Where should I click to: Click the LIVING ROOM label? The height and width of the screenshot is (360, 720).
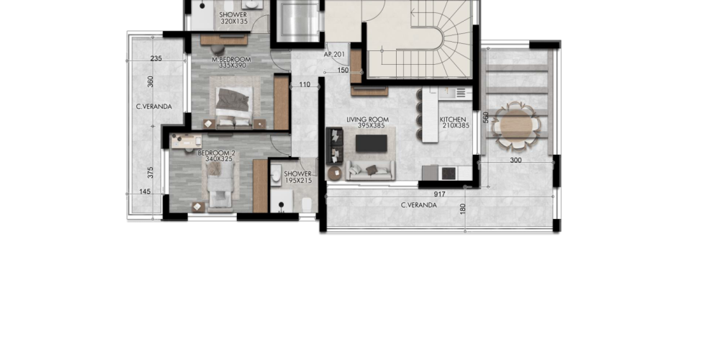(367, 120)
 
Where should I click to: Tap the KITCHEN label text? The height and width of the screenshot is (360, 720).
(453, 120)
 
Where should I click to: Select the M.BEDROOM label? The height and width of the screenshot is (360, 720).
(231, 59)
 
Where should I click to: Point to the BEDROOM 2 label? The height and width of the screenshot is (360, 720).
(216, 153)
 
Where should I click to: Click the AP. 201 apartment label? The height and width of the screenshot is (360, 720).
(334, 54)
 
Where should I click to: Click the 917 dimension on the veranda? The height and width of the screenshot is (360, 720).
(439, 194)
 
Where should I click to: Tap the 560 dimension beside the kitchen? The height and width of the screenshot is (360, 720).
(486, 117)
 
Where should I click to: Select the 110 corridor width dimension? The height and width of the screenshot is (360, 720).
(305, 84)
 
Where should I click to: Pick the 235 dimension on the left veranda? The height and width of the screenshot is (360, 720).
(156, 58)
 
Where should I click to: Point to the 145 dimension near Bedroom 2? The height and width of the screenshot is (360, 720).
(145, 192)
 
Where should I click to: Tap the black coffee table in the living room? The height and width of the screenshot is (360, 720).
(371, 143)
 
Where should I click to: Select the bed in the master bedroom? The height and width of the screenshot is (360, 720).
(234, 106)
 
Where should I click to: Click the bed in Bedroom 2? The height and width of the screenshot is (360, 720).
(220, 186)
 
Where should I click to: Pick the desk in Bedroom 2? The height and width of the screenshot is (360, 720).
(186, 141)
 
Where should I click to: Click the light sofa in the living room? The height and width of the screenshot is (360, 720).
(370, 170)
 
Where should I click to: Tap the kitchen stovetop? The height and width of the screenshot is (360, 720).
(448, 173)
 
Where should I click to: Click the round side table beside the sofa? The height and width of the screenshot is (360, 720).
(335, 173)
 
